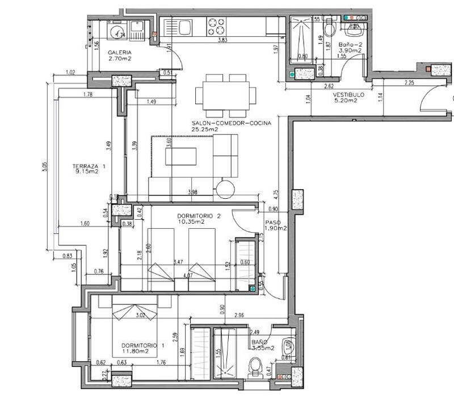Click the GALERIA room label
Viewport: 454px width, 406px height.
point(120,52)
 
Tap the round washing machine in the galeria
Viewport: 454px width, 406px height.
point(118,32)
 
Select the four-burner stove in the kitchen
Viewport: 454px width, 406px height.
point(216,26)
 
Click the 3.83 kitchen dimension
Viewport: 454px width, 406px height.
point(223,41)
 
